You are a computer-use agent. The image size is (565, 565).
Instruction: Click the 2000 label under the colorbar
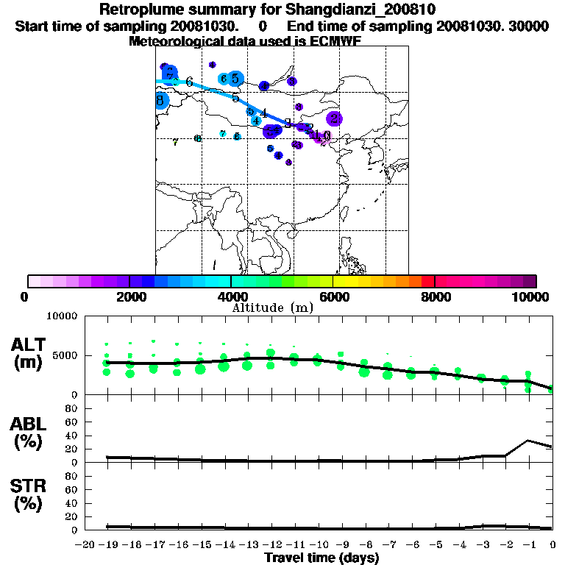click(129, 296)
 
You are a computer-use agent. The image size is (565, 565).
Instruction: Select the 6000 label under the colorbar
click(333, 296)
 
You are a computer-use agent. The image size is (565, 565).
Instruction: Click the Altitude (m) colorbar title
click(272, 308)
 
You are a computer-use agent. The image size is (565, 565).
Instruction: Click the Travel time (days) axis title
click(321, 558)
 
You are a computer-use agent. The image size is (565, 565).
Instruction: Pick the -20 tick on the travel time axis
click(86, 544)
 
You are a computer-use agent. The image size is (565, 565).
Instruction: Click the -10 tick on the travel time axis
click(319, 544)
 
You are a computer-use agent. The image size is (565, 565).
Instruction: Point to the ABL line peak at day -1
click(529, 441)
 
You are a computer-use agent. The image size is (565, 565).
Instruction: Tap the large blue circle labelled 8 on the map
click(160, 100)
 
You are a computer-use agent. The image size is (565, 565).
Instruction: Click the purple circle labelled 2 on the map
click(334, 118)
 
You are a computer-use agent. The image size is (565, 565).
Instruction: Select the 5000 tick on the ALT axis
click(65, 355)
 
